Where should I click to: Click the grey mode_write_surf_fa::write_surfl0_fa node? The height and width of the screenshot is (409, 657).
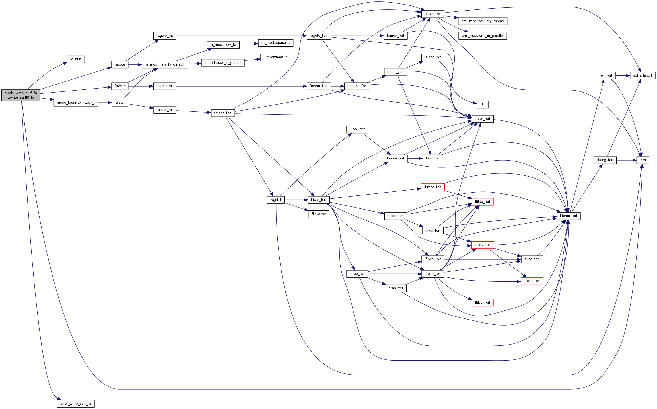click(x=21, y=95)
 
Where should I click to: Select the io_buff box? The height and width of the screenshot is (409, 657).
click(x=76, y=59)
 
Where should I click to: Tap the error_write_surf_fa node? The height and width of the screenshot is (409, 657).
click(x=76, y=404)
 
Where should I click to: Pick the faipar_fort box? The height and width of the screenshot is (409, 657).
click(x=432, y=14)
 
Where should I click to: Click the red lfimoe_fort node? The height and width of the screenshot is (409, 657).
click(x=432, y=187)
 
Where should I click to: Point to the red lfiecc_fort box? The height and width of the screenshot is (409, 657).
click(x=532, y=281)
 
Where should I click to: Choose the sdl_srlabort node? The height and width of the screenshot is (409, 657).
click(x=642, y=75)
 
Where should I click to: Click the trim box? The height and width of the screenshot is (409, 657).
click(x=642, y=160)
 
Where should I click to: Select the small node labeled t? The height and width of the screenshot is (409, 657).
click(x=482, y=105)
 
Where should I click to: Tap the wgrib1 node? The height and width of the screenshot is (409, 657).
click(x=275, y=200)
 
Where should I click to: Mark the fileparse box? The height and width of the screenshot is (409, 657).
click(x=319, y=214)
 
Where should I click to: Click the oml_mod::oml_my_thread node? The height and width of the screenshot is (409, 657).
click(x=483, y=21)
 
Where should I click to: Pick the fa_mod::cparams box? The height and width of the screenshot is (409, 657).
click(x=275, y=43)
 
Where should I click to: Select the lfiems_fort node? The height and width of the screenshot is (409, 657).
click(x=569, y=216)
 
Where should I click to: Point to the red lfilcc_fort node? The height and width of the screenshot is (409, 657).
click(x=483, y=302)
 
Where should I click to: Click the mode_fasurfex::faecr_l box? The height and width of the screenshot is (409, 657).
click(x=76, y=103)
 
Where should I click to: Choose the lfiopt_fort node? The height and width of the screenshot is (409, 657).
click(x=357, y=129)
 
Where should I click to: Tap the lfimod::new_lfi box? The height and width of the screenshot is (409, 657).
click(x=275, y=57)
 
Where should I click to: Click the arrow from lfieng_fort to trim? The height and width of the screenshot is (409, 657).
click(x=626, y=160)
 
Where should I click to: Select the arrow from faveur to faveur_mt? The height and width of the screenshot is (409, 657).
click(x=141, y=86)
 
